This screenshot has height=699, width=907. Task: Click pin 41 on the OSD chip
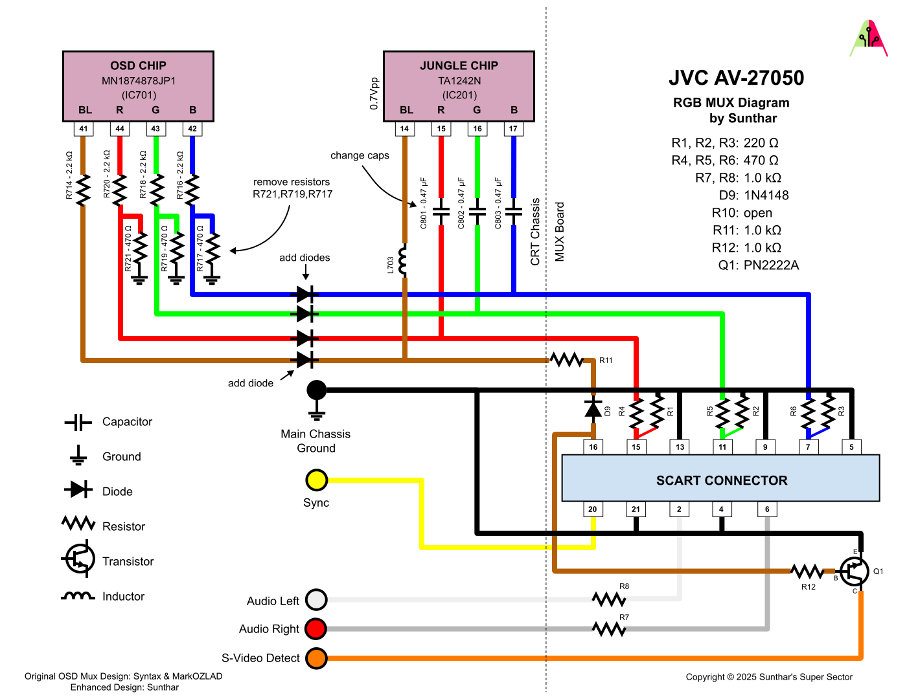click(x=84, y=129)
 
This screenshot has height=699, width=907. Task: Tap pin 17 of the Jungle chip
click(x=513, y=129)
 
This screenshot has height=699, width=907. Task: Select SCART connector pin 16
click(x=593, y=447)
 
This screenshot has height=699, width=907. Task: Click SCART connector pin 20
click(x=593, y=509)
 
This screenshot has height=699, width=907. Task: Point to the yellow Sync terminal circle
click(x=316, y=480)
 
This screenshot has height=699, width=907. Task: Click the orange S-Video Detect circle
click(x=316, y=658)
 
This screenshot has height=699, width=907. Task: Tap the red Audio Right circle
click(x=316, y=628)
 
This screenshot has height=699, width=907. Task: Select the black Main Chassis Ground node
click(x=316, y=390)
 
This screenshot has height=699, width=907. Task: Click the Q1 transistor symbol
click(x=855, y=571)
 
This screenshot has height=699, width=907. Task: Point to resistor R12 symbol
click(x=807, y=571)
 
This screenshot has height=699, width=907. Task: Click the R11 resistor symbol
click(x=567, y=360)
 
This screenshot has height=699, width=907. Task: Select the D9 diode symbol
click(x=593, y=408)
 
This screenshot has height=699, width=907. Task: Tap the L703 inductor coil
click(x=404, y=261)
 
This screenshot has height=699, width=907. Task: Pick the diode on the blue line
click(x=305, y=295)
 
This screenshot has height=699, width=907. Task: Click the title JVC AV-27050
click(x=736, y=78)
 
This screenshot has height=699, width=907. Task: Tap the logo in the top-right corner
click(x=868, y=39)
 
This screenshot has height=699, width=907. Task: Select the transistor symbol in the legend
click(x=79, y=560)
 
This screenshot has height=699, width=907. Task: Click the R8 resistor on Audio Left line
click(x=609, y=599)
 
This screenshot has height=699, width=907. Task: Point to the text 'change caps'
click(x=360, y=155)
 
